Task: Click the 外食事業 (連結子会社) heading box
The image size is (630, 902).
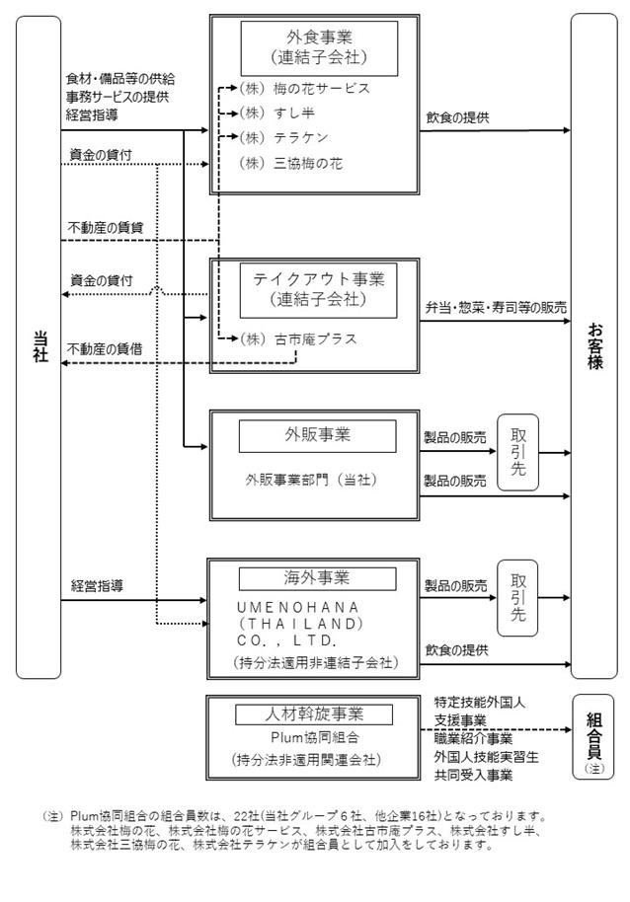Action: (x=319, y=48)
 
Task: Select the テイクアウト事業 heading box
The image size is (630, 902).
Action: (x=318, y=290)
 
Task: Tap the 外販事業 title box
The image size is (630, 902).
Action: (x=318, y=435)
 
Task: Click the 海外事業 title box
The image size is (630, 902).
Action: (x=318, y=578)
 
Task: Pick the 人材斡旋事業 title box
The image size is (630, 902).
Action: (x=314, y=714)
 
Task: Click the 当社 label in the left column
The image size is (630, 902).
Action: (x=40, y=346)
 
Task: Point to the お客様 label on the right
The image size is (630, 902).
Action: (x=594, y=345)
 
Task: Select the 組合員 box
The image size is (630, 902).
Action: (x=593, y=737)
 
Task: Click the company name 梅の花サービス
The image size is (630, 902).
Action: (x=321, y=89)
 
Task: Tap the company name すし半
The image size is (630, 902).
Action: (x=294, y=113)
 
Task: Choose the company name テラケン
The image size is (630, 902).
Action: (x=300, y=137)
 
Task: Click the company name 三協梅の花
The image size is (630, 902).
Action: (x=308, y=164)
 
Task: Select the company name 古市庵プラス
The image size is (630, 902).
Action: (x=315, y=339)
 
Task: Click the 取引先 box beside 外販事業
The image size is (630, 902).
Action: (x=517, y=452)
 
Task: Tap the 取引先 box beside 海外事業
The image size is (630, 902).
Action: (x=517, y=598)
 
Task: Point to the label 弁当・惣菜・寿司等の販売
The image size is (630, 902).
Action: (x=496, y=308)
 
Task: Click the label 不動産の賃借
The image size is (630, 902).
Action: (x=105, y=349)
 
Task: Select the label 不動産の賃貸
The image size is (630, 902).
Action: (x=106, y=228)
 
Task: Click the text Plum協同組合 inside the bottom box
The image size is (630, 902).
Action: (x=315, y=737)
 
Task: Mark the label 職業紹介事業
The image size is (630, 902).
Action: (x=473, y=738)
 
